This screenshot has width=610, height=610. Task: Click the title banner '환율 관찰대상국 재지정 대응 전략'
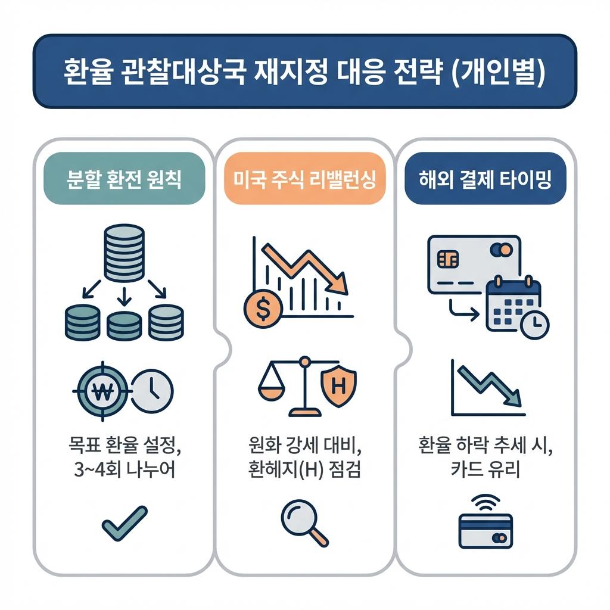(x=304, y=72)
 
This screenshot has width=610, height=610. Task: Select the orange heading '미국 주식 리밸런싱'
(x=304, y=179)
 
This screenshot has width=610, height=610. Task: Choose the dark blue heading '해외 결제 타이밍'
(x=485, y=179)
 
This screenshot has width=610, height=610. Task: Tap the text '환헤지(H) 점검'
(x=304, y=470)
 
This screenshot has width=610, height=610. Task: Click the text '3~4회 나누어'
(x=124, y=470)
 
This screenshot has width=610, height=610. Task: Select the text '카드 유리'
(x=485, y=470)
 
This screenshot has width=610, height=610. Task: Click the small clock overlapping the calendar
(x=534, y=324)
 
